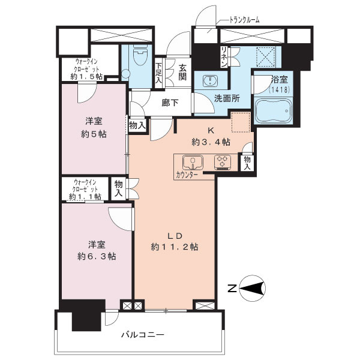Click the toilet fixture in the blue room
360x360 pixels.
[140, 56]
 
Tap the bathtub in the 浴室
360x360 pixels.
[273, 111]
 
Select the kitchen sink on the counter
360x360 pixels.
[193, 162]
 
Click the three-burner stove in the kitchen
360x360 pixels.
[223, 163]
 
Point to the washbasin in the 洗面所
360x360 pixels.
[211, 81]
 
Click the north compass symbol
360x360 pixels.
[252, 288]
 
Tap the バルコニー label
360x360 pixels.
[143, 335]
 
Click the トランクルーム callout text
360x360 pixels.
[245, 20]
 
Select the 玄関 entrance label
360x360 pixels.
[182, 73]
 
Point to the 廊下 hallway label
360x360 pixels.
[170, 103]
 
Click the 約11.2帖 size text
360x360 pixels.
[175, 247]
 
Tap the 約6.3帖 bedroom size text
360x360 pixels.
[97, 256]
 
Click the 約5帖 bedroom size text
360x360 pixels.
[94, 134]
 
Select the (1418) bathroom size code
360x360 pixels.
[279, 89]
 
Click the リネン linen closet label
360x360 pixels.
[224, 57]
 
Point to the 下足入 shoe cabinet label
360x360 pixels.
[158, 73]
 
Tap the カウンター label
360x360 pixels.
[187, 175]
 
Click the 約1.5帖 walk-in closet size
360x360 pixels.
[87, 76]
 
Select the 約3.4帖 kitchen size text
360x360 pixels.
[211, 142]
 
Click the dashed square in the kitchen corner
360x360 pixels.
[241, 122]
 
